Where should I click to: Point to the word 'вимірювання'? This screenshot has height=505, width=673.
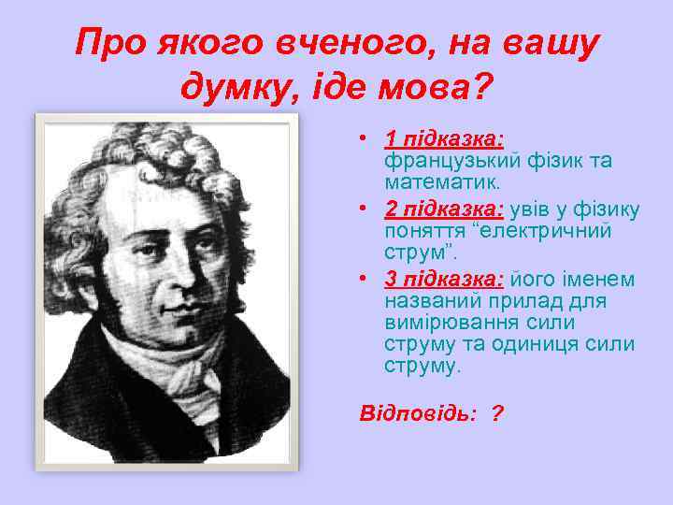pos(447,323)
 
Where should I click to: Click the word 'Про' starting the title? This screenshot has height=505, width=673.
pos(107,43)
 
